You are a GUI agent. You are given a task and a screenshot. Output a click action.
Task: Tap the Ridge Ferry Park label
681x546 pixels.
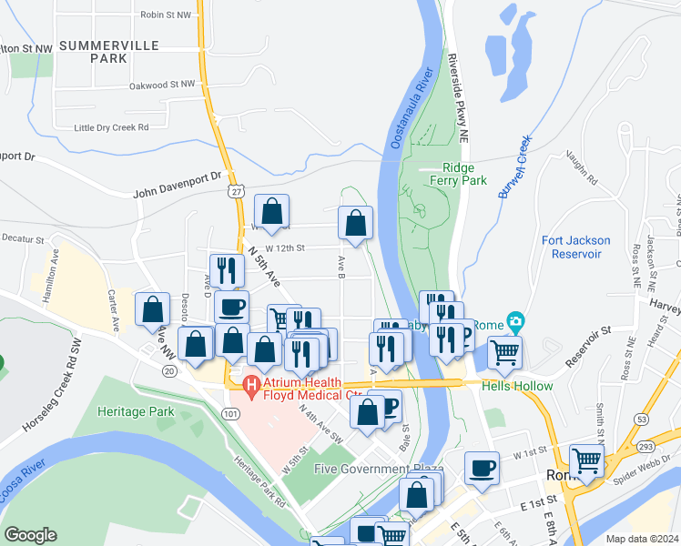(x=465, y=174)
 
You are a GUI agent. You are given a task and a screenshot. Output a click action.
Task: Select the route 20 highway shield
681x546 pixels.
(x=169, y=371)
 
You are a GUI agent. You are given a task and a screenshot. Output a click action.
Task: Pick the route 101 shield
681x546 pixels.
(x=232, y=414)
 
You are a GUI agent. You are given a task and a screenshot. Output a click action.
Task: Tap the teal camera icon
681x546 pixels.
(x=517, y=321)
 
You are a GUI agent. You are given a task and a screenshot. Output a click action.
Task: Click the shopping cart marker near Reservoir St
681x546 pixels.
(x=504, y=351)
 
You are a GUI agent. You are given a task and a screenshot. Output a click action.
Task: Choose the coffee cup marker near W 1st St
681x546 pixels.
(x=482, y=468)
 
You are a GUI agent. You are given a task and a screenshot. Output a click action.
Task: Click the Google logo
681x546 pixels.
(x=31, y=535)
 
